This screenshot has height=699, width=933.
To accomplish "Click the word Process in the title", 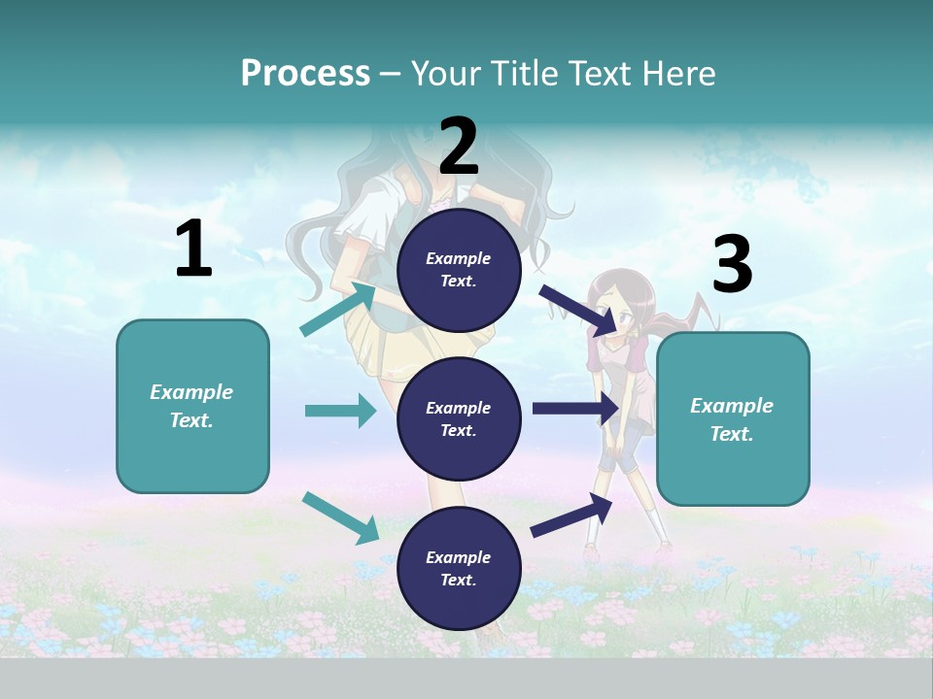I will point(305,74).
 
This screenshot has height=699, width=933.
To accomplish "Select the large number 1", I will point(193,250).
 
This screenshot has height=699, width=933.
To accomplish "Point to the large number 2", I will point(459,147).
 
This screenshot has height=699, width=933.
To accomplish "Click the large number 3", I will point(732,265).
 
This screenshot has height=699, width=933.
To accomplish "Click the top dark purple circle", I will point(459,270).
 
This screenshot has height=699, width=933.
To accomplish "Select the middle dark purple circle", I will point(459,418).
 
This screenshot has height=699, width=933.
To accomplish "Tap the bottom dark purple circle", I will point(459,568).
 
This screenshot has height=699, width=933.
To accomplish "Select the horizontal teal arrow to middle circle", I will point(340,411).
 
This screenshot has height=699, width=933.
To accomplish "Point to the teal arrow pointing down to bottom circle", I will point(341,517).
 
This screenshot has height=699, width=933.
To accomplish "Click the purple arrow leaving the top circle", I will point(576,310).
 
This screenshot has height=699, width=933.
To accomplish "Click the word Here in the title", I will point(680,74).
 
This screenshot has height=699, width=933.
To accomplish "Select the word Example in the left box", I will point(191,392).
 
